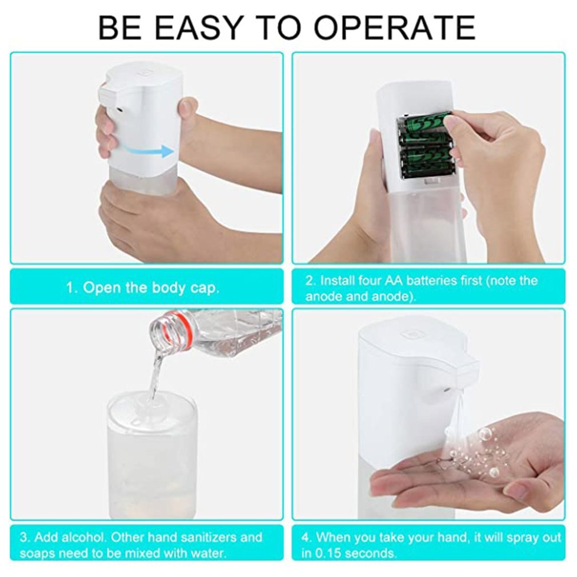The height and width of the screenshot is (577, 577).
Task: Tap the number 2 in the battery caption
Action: point(309,281)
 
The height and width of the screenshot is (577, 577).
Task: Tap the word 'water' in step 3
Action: point(209,554)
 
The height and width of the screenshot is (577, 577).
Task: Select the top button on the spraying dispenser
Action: point(410,334)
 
